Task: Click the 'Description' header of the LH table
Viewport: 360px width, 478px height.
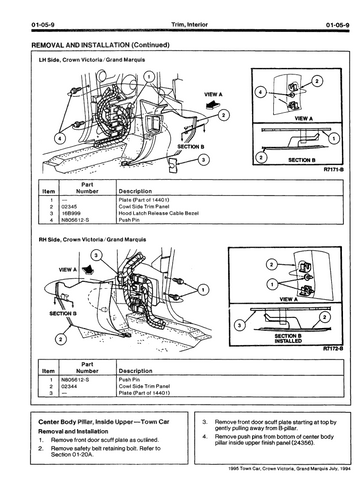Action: click(135, 189)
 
